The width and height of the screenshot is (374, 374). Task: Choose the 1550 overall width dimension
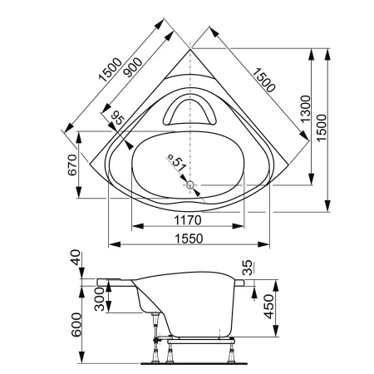(x=189, y=238)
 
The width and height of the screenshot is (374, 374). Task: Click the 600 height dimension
(x=75, y=320)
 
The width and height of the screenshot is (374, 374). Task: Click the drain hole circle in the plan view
(x=190, y=185)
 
